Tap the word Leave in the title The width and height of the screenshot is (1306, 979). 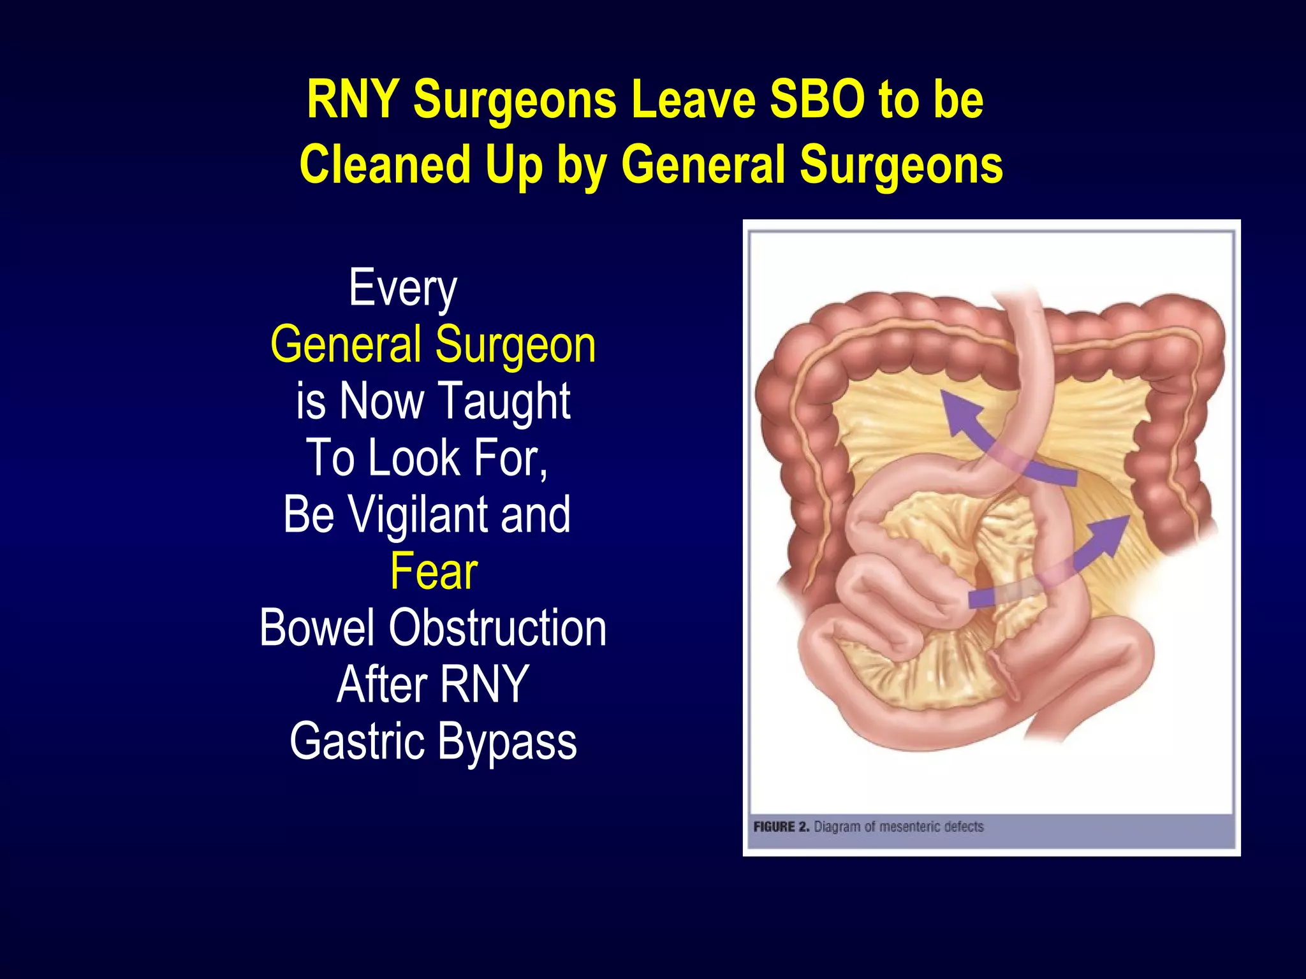pyautogui.click(x=694, y=100)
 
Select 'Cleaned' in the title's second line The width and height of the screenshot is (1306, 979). pyautogui.click(x=386, y=164)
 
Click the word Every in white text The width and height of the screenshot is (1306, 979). pyautogui.click(x=403, y=289)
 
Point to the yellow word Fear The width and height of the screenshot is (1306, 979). pyautogui.click(x=434, y=571)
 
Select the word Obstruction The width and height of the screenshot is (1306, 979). pyautogui.click(x=497, y=628)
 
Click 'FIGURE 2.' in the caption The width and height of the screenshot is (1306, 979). pyautogui.click(x=781, y=827)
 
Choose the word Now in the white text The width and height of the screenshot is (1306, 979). pyautogui.click(x=381, y=402)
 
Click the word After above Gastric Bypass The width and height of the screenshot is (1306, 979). pyautogui.click(x=381, y=685)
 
